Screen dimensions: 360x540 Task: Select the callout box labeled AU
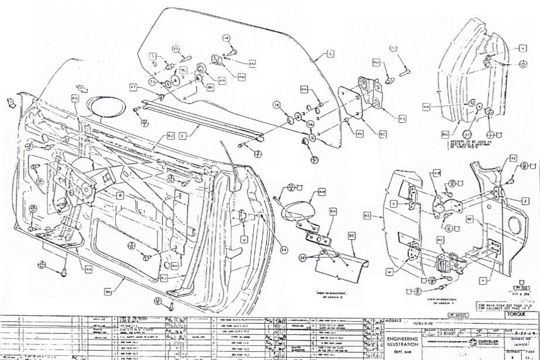(376, 61)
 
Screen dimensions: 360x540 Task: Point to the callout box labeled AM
(242, 76)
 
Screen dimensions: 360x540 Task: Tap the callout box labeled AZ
(513, 159)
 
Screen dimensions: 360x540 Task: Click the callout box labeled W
(405, 271)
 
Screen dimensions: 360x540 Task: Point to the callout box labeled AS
(402, 118)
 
